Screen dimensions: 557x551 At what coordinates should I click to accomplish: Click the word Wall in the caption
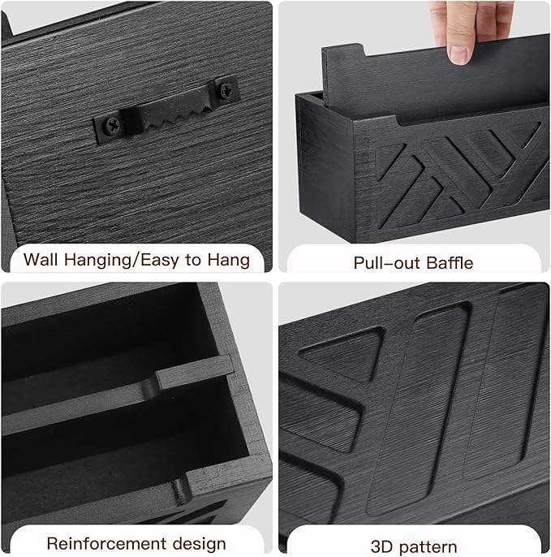41,260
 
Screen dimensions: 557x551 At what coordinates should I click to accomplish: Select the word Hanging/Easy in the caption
124,260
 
